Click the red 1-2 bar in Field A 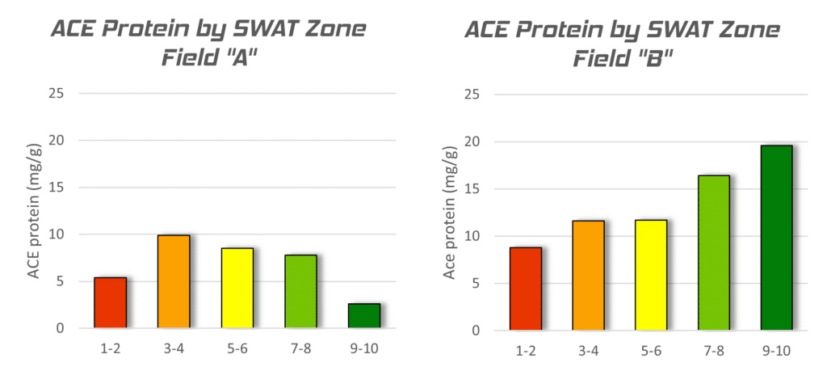coord(110,303)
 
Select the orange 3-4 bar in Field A coord(174,282)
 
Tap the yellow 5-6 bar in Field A coord(237,288)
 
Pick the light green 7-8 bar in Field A coord(300,292)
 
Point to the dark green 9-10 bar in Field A coord(363,316)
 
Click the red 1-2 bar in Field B coord(526,289)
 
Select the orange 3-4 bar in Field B coord(589,276)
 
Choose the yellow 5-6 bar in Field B coord(652,276)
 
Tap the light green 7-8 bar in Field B coord(715,253)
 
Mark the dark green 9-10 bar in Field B coord(777,238)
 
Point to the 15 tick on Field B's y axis coord(477,190)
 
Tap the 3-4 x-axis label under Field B coord(589,352)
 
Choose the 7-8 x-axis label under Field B coord(715,352)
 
